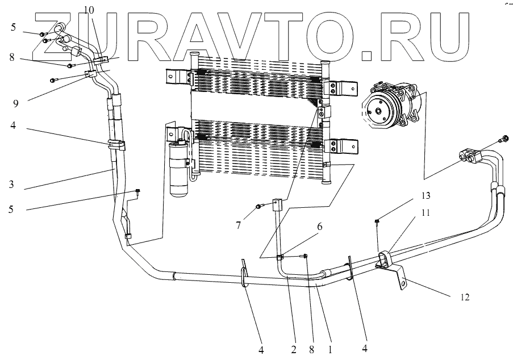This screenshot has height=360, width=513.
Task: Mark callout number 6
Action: [x=320, y=227]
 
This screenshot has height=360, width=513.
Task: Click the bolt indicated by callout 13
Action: [x=378, y=222]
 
